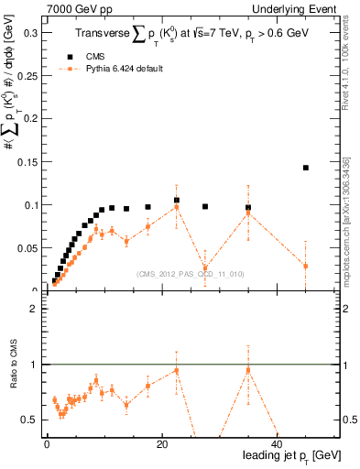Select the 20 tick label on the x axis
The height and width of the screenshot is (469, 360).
click(x=161, y=444)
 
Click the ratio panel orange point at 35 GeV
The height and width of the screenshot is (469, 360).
click(x=247, y=369)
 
